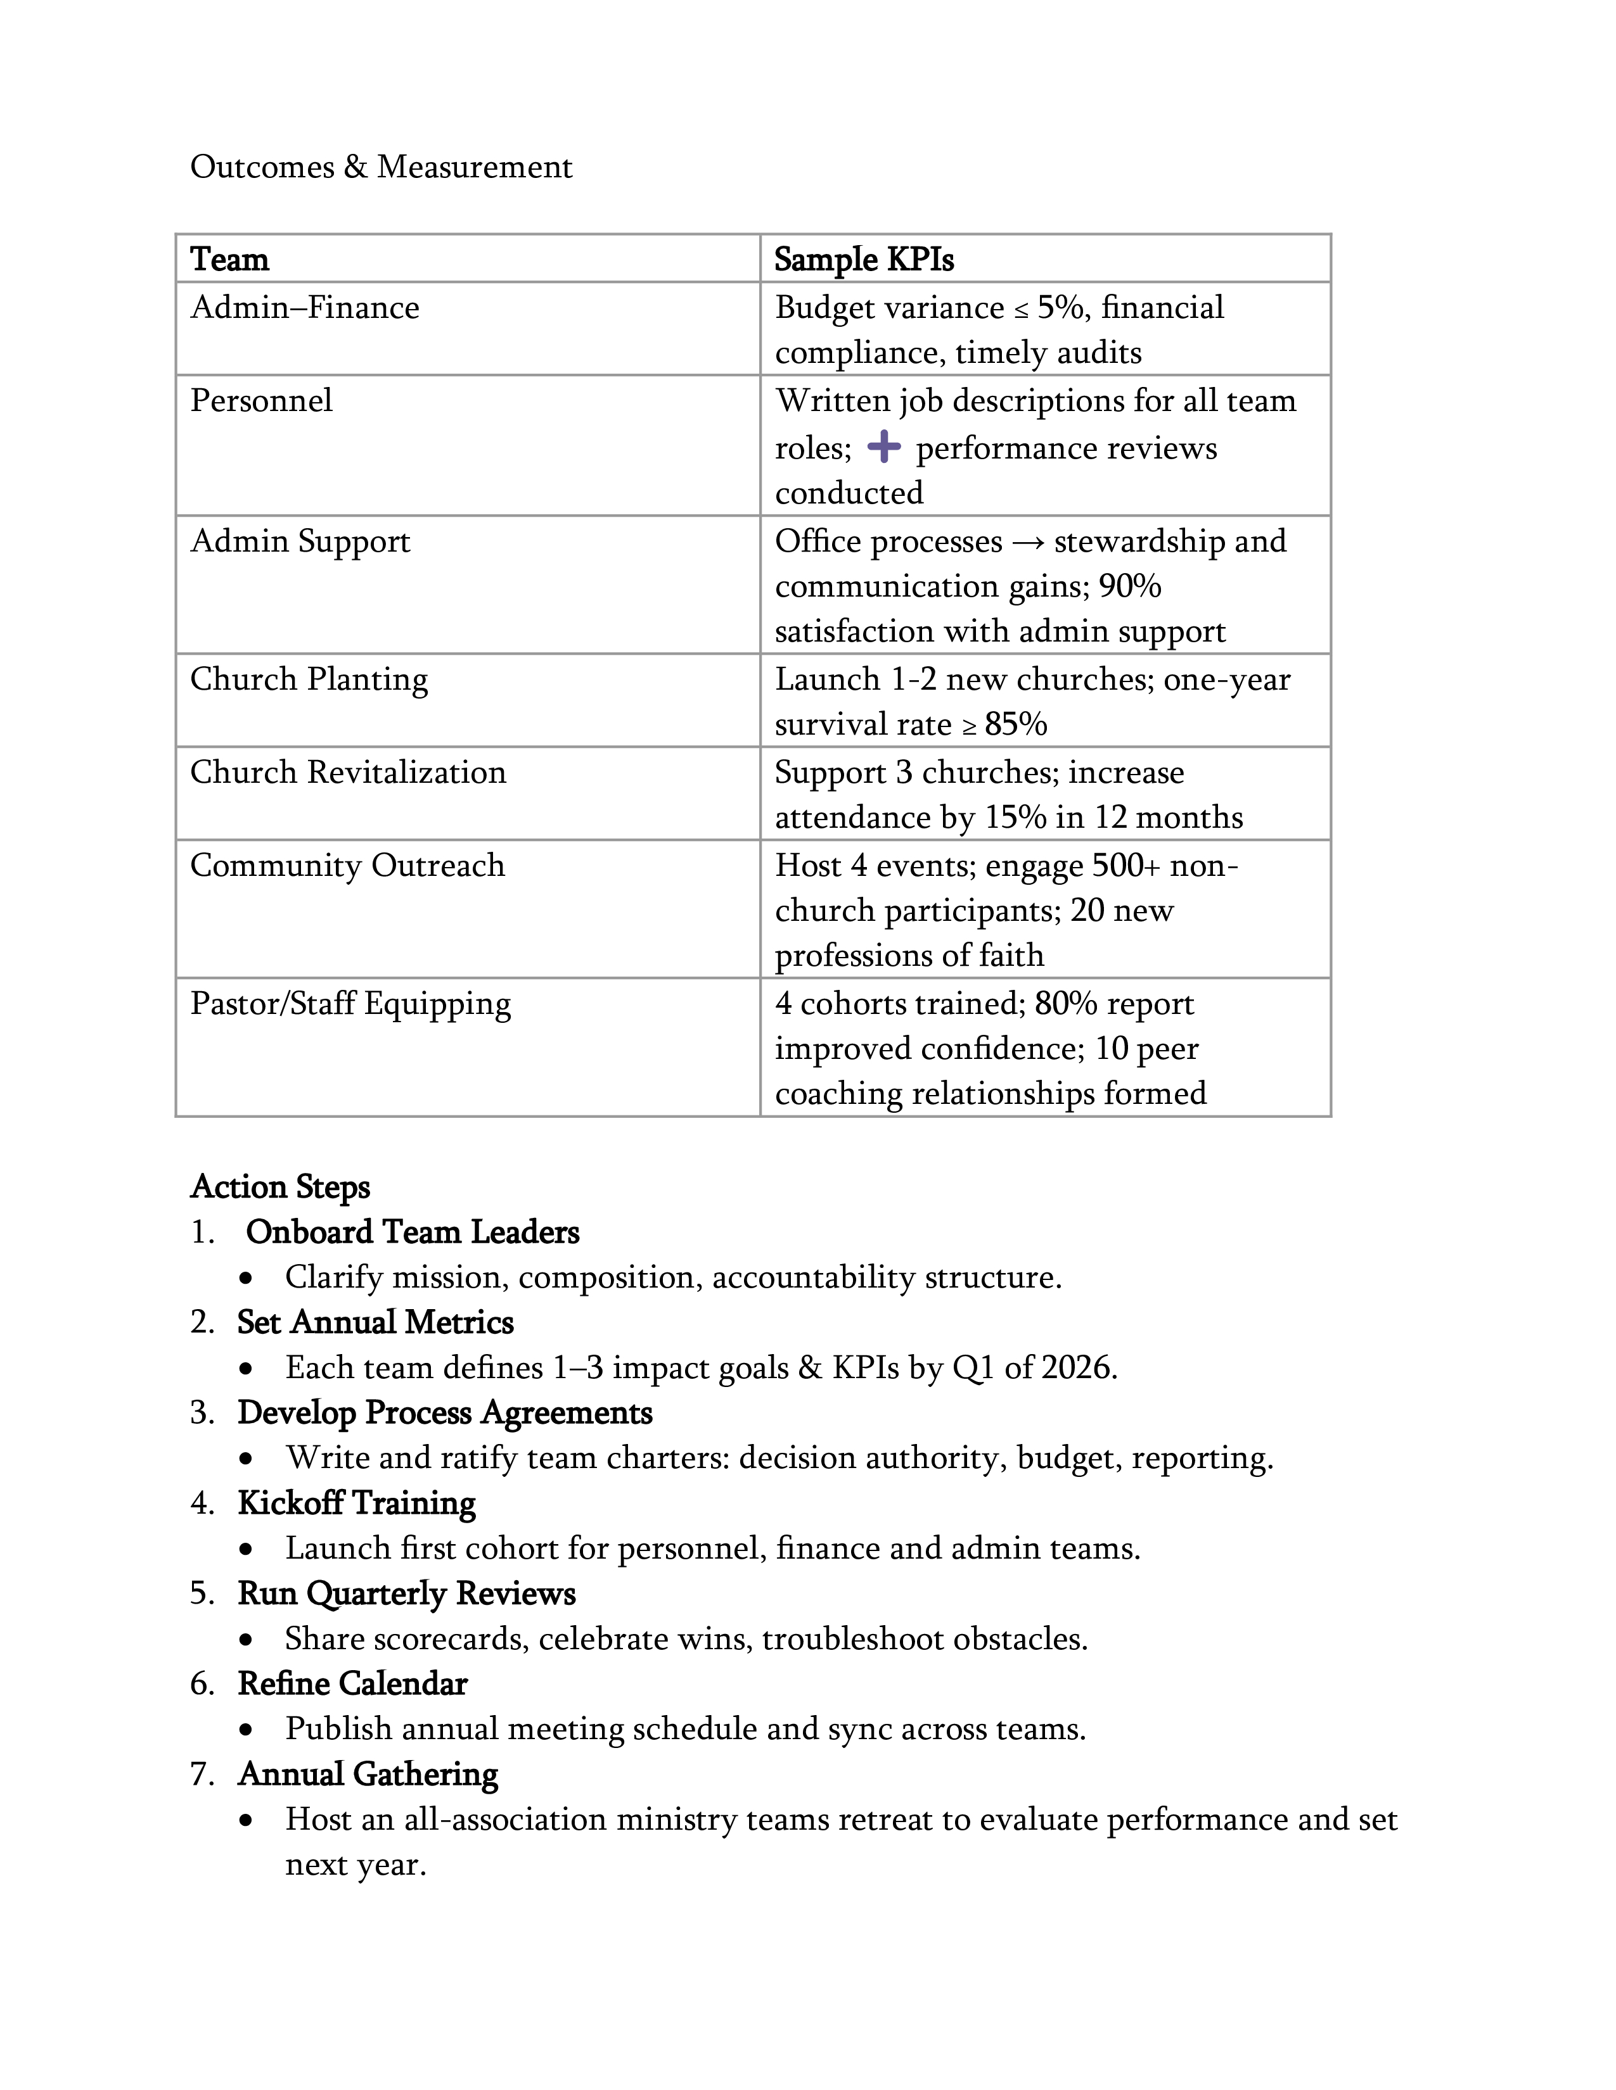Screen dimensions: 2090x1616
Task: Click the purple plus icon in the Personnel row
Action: point(883,447)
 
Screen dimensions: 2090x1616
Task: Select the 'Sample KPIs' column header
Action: point(864,259)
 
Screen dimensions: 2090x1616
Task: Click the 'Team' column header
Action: point(230,259)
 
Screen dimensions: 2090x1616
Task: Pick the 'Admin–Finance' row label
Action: point(304,307)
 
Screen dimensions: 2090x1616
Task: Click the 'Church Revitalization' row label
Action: point(347,771)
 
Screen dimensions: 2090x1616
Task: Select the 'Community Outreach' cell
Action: point(347,865)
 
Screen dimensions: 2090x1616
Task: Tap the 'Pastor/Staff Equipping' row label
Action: point(350,1003)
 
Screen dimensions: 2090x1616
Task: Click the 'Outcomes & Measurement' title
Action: point(381,167)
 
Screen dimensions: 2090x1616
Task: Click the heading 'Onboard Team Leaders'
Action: point(413,1232)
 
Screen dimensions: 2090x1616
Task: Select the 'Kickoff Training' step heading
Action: point(356,1502)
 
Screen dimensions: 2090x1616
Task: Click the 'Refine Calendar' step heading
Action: point(352,1683)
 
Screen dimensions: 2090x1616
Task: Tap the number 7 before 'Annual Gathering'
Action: point(201,1774)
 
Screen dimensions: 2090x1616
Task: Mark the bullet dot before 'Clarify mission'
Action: point(248,1279)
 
